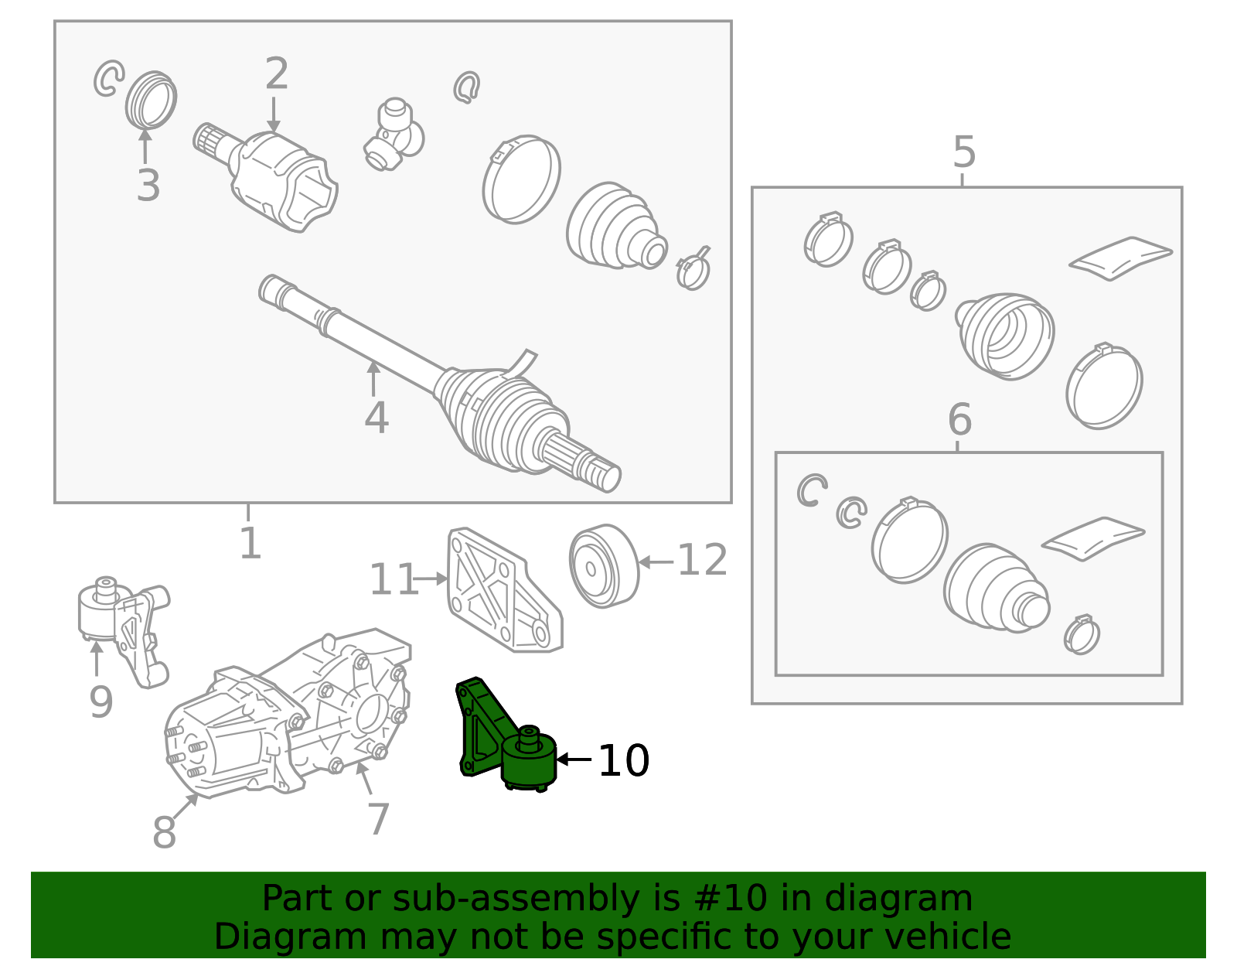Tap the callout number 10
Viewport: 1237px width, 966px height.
click(623, 760)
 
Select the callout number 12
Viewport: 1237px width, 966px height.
click(702, 560)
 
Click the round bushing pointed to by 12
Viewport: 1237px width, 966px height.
click(603, 565)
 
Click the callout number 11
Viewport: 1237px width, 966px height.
click(393, 579)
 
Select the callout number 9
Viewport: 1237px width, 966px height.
click(101, 701)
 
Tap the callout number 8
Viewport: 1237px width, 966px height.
click(164, 832)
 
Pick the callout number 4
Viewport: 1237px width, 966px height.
click(377, 417)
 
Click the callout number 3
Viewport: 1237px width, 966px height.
click(148, 185)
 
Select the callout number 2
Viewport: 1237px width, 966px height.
click(276, 74)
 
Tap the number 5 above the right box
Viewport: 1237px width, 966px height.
click(964, 152)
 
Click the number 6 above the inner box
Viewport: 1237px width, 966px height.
click(959, 419)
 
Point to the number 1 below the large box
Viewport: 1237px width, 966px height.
click(250, 543)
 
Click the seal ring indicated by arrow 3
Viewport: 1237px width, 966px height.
click(151, 100)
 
